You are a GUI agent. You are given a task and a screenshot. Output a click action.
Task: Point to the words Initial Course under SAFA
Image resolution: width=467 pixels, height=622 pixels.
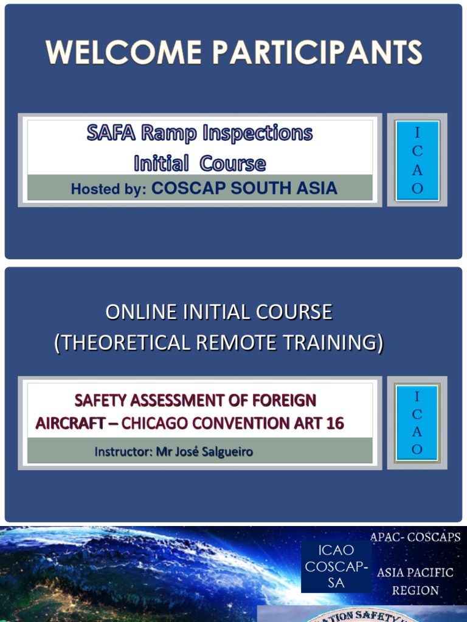pyautogui.click(x=199, y=163)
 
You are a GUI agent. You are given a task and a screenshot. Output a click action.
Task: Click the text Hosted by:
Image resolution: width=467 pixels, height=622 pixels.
pyautogui.click(x=109, y=189)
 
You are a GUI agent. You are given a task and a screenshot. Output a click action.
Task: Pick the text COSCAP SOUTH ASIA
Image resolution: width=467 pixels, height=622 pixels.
pyautogui.click(x=244, y=188)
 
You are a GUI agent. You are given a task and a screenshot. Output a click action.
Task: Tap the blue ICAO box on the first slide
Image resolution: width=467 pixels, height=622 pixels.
pyautogui.click(x=417, y=160)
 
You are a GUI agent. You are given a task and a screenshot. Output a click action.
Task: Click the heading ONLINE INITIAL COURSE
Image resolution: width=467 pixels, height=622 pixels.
pyautogui.click(x=219, y=312)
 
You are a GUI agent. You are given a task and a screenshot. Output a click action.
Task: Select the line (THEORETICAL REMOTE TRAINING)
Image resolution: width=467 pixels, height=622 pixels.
pyautogui.click(x=219, y=343)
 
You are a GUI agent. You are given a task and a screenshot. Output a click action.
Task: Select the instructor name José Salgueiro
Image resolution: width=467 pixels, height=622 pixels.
pyautogui.click(x=218, y=452)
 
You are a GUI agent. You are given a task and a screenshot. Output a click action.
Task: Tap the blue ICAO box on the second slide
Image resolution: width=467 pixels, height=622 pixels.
pyautogui.click(x=417, y=423)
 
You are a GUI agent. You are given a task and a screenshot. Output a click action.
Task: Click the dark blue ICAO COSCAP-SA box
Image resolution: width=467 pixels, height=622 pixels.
pyautogui.click(x=336, y=567)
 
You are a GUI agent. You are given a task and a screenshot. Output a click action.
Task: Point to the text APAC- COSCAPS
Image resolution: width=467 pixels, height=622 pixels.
pyautogui.click(x=415, y=538)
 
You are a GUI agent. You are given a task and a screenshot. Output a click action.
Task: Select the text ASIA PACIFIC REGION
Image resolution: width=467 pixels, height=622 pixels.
pyautogui.click(x=415, y=581)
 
